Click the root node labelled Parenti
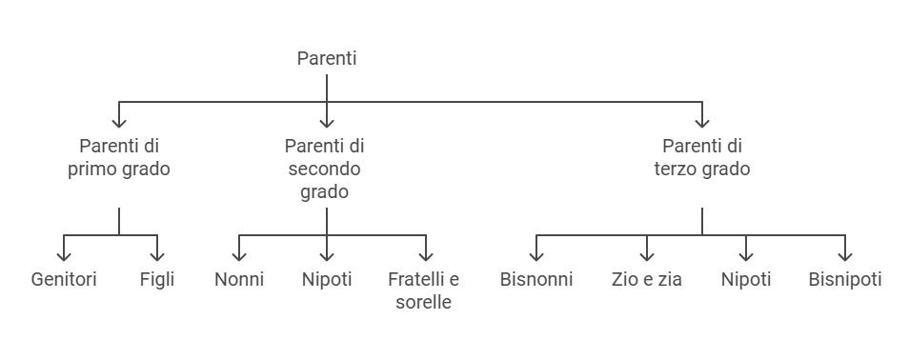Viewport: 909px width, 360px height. (x=327, y=58)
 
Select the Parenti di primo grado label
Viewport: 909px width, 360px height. (x=119, y=158)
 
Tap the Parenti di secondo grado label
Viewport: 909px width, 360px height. (x=326, y=169)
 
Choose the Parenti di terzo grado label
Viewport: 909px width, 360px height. (x=701, y=158)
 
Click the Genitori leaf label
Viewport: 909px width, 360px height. (x=64, y=280)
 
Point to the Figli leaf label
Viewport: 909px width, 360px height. (x=157, y=280)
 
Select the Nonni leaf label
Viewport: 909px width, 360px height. (x=239, y=280)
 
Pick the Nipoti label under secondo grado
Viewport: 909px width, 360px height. (x=327, y=280)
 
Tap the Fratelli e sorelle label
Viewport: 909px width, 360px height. (x=424, y=291)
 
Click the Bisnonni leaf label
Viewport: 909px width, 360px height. (x=536, y=280)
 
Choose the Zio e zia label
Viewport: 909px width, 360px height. (x=647, y=280)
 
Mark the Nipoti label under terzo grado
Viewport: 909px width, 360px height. (x=746, y=280)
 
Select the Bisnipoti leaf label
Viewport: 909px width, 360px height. (x=845, y=280)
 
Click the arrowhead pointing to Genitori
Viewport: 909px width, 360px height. (x=64, y=255)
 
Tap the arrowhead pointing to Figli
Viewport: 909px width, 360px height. (x=157, y=255)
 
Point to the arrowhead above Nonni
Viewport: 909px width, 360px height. (x=239, y=255)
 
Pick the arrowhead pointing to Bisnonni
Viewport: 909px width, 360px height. (x=536, y=255)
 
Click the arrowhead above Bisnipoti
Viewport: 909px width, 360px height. (x=845, y=255)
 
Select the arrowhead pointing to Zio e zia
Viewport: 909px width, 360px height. (x=647, y=255)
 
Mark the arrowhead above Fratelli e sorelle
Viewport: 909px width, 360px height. (x=426, y=255)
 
